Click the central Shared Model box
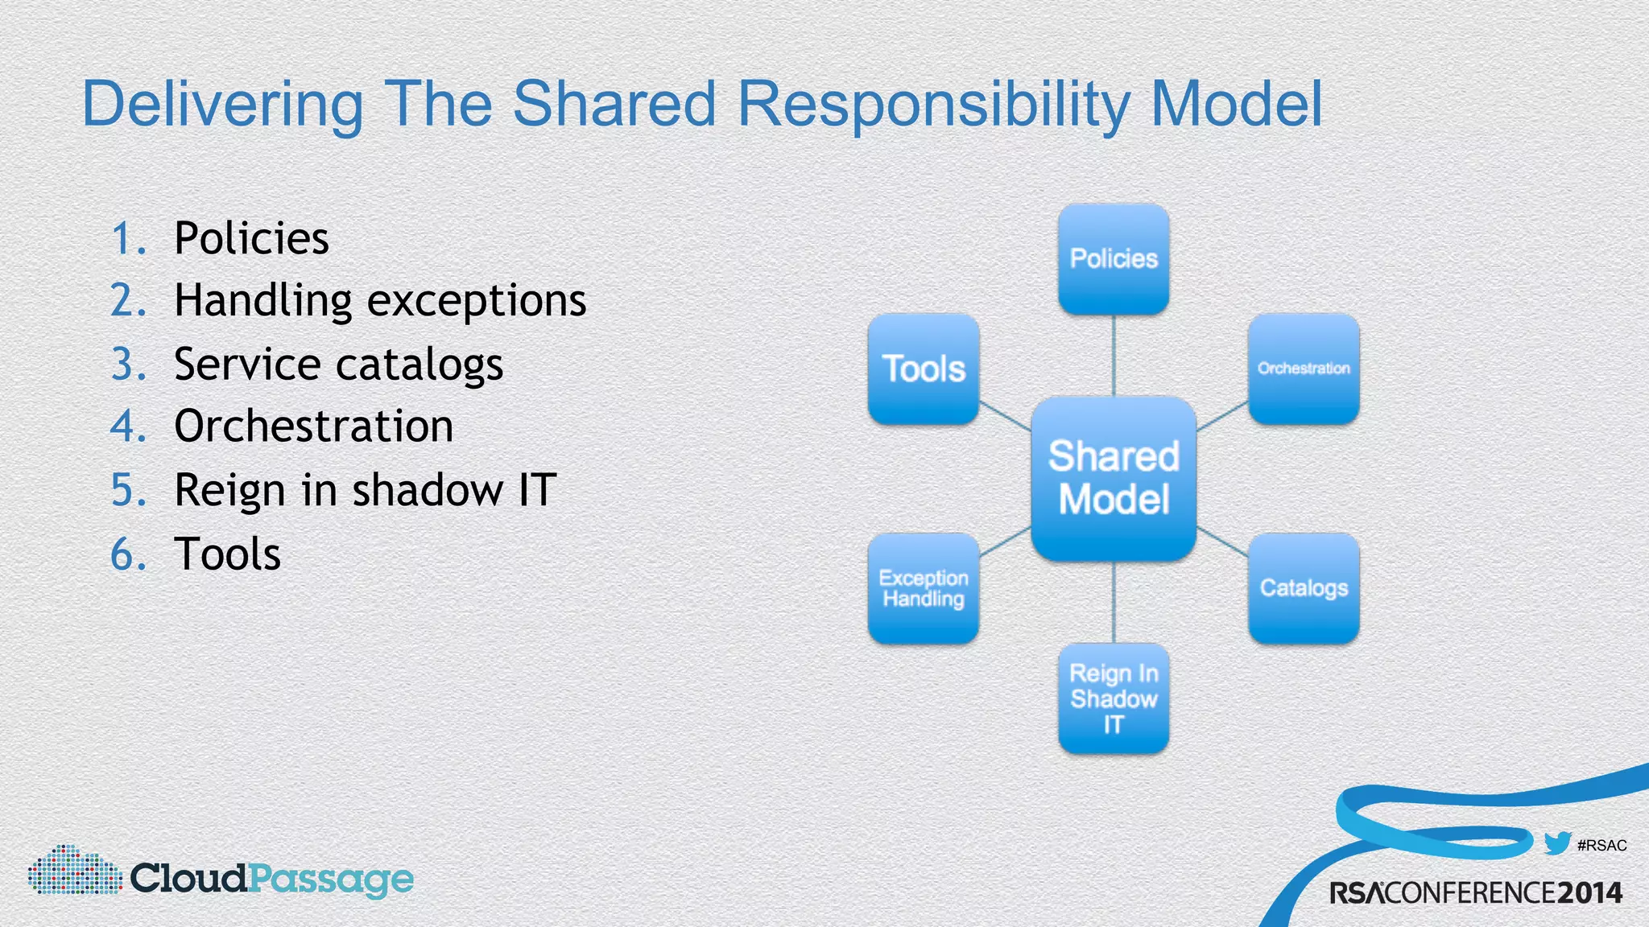(x=1114, y=478)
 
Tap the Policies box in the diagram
(x=1114, y=258)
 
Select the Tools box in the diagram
(x=924, y=369)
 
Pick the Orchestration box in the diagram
(x=1304, y=369)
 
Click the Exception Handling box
(x=924, y=588)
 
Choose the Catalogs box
(x=1304, y=588)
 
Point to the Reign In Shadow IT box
(x=1114, y=698)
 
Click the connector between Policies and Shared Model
(x=1114, y=355)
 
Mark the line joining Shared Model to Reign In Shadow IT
(x=1114, y=602)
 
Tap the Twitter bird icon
(x=1557, y=843)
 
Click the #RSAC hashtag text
(x=1602, y=846)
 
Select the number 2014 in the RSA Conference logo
(x=1589, y=892)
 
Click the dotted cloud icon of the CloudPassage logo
(x=74, y=871)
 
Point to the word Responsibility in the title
(x=934, y=105)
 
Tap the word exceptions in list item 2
(x=477, y=301)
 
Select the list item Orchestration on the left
(x=313, y=426)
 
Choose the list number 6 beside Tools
(x=126, y=554)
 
